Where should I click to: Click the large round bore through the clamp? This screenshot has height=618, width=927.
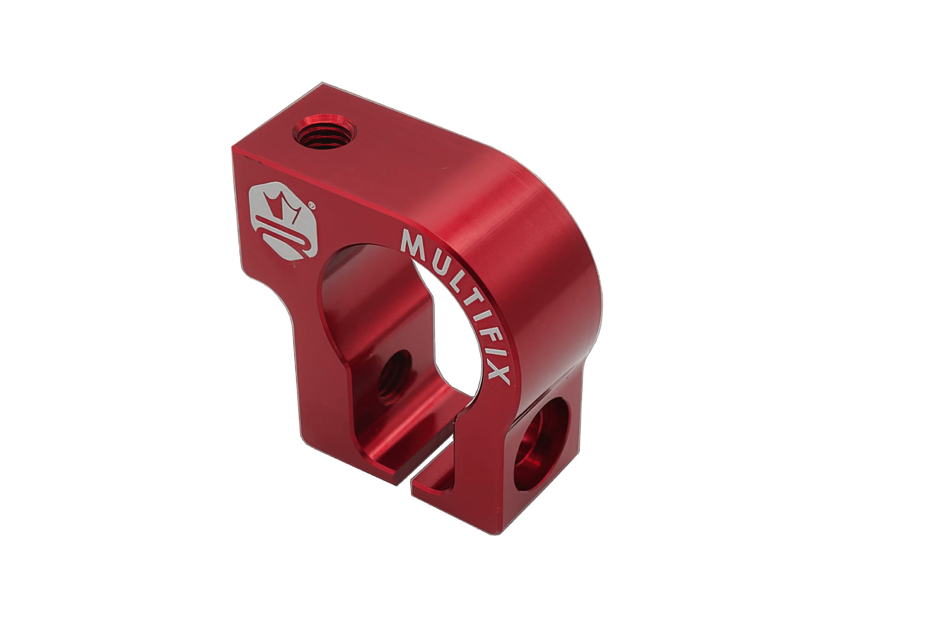tap(396, 321)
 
